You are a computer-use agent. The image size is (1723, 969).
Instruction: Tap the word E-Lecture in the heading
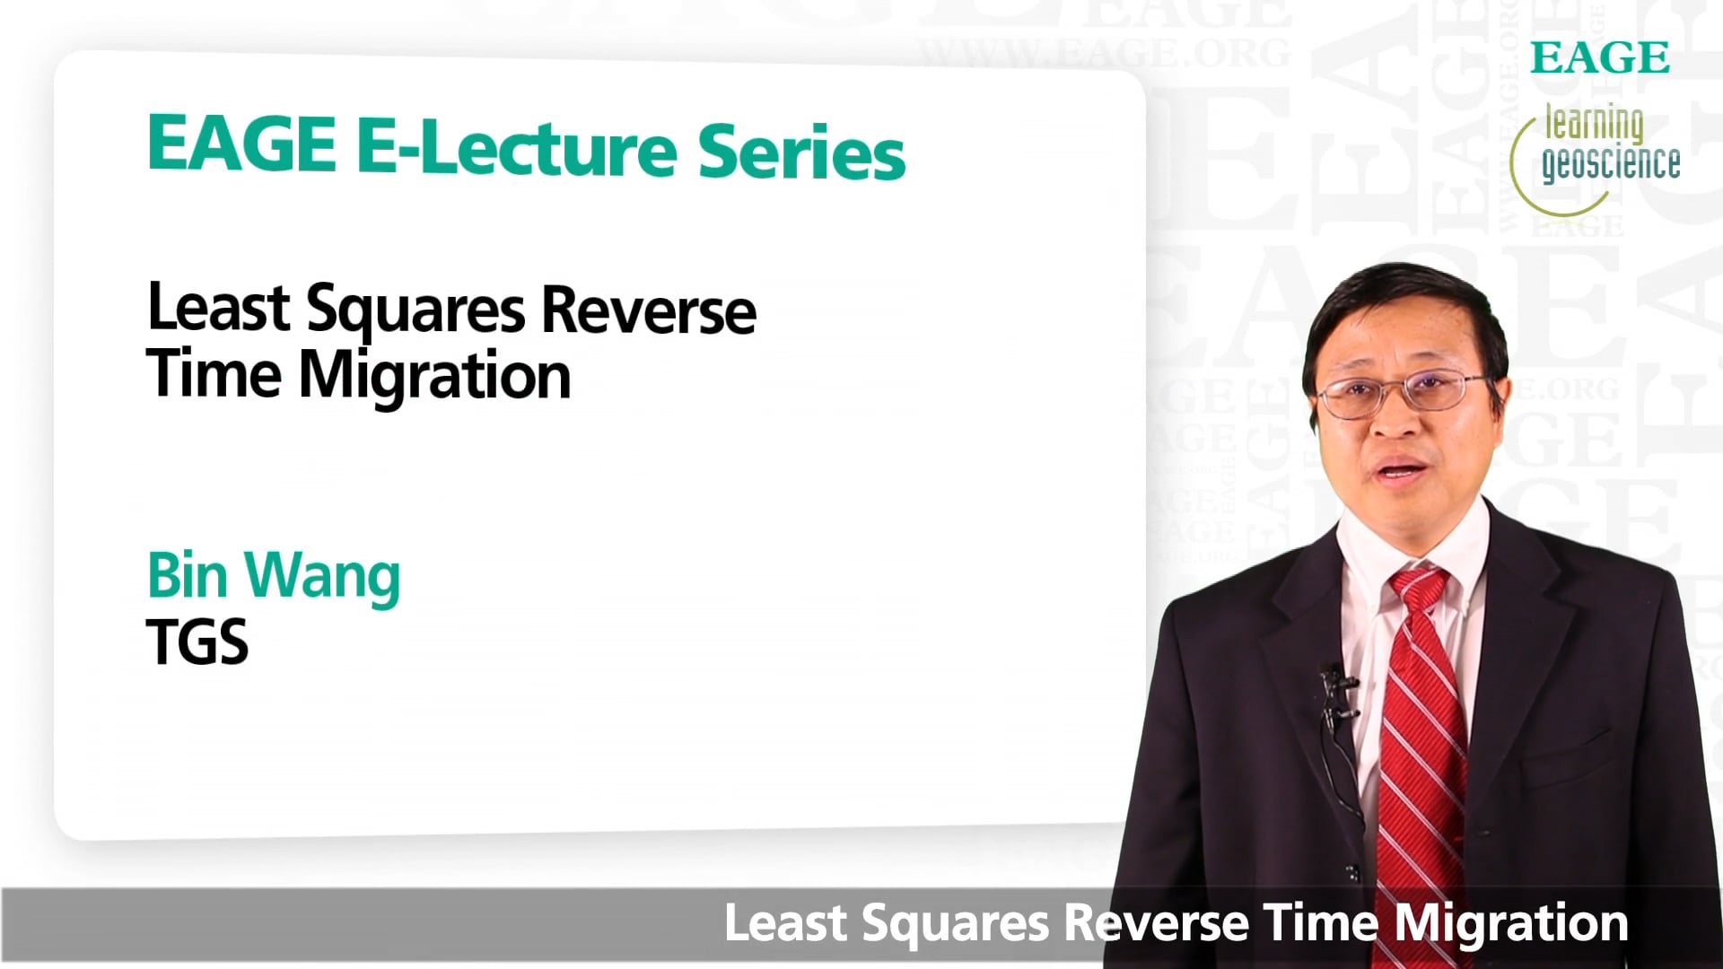click(x=517, y=147)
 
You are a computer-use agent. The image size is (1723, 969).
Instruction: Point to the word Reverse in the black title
click(x=649, y=310)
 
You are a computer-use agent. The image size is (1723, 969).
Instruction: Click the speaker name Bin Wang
click(x=274, y=577)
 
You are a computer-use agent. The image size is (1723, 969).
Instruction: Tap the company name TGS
click(x=197, y=642)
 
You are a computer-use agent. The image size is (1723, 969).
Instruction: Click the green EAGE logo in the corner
click(x=1599, y=58)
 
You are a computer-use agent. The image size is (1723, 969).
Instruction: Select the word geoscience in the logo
click(x=1611, y=163)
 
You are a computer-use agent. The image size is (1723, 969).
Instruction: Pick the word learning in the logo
click(x=1594, y=125)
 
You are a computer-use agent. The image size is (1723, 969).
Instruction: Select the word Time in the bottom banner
click(x=1320, y=924)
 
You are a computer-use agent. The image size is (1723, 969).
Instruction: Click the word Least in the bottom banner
click(x=785, y=924)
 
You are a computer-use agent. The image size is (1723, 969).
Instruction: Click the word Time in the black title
click(x=214, y=374)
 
